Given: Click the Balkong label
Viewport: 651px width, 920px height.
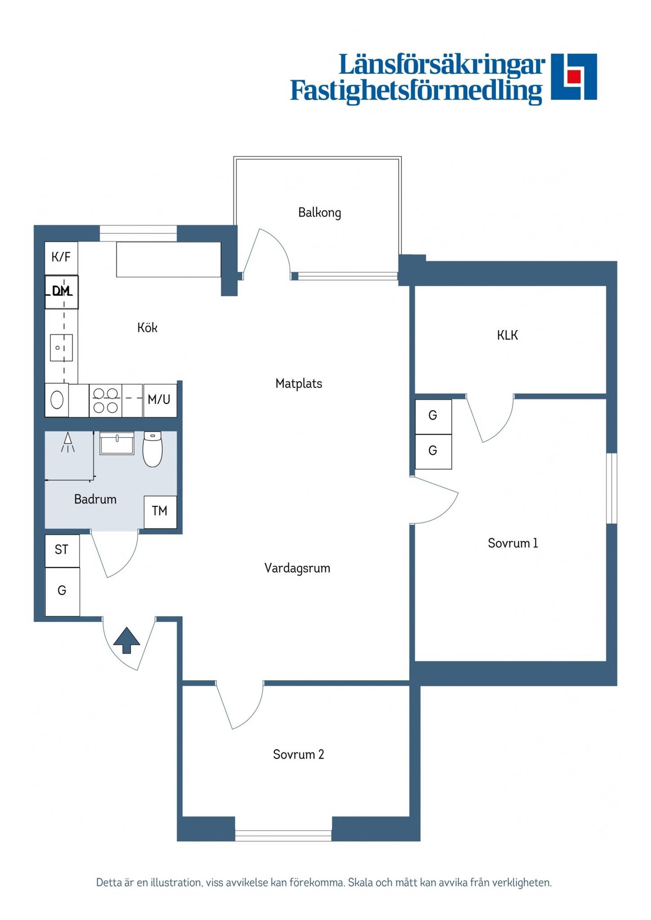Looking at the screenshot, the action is click(320, 212).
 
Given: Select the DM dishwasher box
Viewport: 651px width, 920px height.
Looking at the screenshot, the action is click(62, 292).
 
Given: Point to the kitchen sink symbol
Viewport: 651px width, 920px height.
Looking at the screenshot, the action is click(61, 348).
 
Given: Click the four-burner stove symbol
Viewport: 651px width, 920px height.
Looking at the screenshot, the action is click(106, 400).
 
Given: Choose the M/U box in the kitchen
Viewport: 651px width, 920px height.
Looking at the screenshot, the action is click(160, 400).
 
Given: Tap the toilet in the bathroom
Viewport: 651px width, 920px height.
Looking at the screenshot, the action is click(152, 449).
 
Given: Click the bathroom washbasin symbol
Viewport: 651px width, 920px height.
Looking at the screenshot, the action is click(117, 443).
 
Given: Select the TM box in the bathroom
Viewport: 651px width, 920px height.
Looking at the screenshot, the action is click(160, 512).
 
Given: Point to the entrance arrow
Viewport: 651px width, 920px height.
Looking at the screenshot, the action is click(126, 640).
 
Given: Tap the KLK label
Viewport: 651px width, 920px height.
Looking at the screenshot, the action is click(508, 335).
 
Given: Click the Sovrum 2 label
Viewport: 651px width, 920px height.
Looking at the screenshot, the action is click(299, 754).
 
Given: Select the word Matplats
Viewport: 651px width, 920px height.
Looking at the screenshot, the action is click(299, 384).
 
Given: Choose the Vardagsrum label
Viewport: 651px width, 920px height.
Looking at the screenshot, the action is click(297, 568).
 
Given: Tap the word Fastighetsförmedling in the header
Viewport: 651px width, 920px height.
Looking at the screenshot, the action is click(416, 91).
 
